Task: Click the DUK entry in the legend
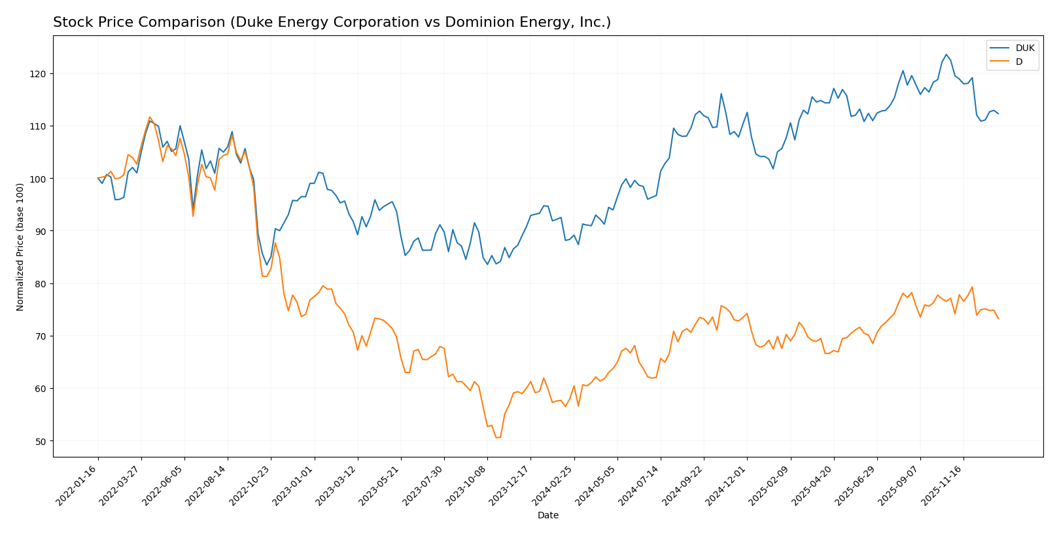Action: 1024,48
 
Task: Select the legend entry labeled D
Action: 1018,62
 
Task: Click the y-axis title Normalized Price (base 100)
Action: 20,247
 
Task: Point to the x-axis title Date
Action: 547,516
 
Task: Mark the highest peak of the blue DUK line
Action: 946,54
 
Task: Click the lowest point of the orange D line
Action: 496,437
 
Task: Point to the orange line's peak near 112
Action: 150,117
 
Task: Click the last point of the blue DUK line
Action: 998,114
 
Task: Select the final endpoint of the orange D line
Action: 998,319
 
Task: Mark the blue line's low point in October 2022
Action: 266,265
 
